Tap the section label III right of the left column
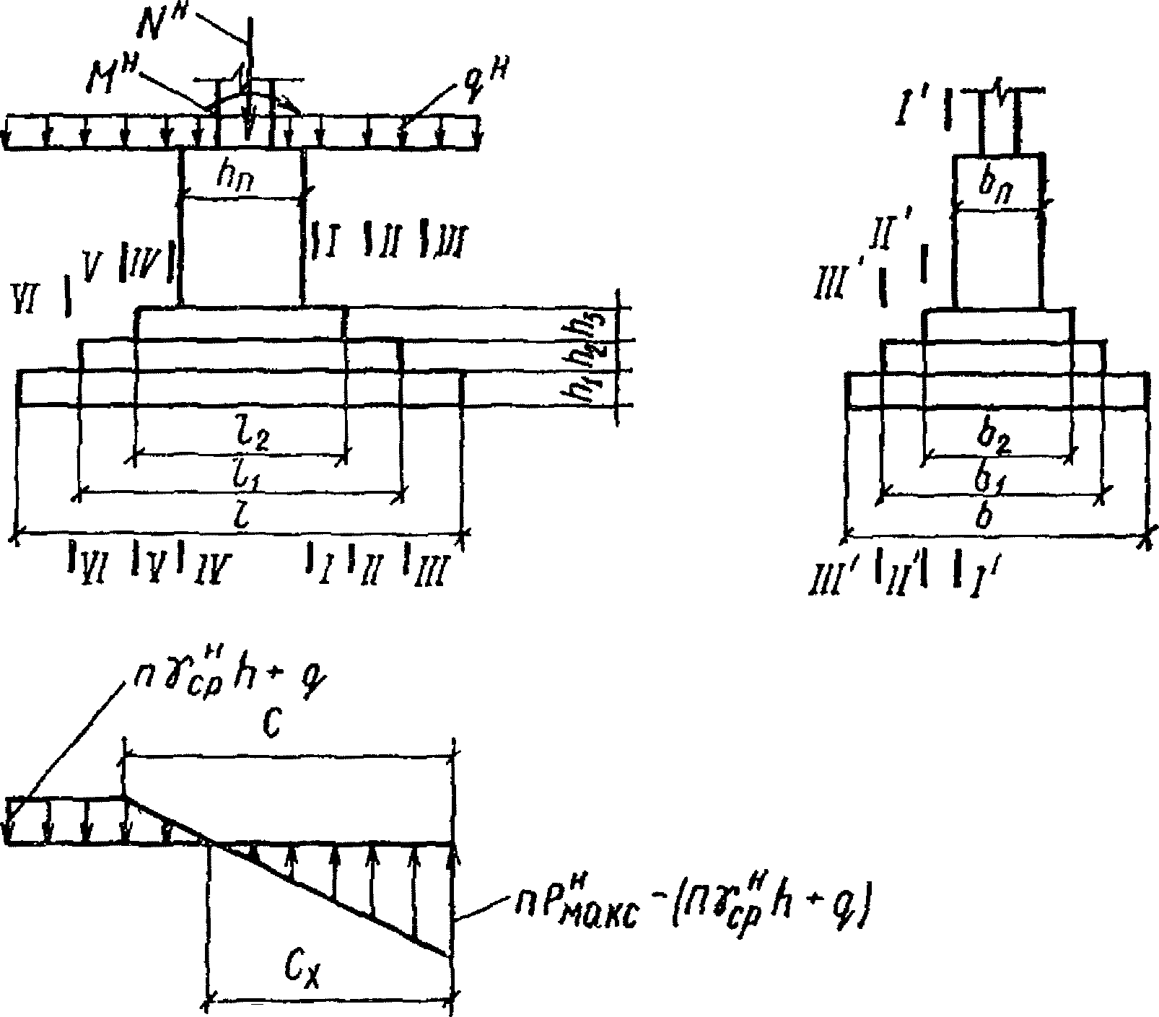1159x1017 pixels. click(x=452, y=240)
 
